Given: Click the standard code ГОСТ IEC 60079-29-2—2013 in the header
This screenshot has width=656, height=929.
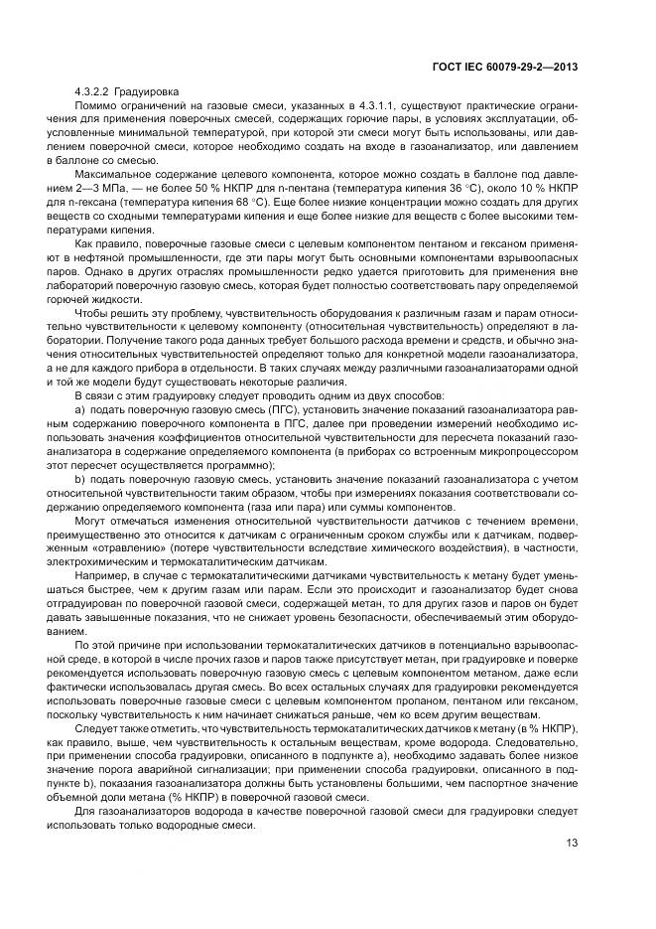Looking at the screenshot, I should coord(506,67).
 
